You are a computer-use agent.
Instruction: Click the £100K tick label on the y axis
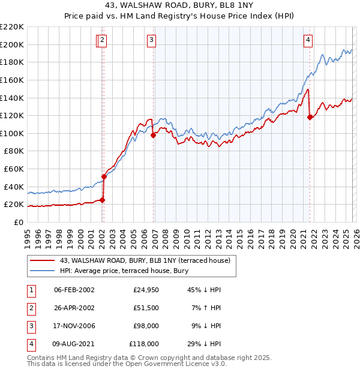(x=13, y=133)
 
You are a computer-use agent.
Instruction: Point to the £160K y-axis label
(x=13, y=80)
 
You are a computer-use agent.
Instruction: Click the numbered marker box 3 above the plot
(x=152, y=40)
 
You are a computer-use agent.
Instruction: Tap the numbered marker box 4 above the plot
(x=308, y=40)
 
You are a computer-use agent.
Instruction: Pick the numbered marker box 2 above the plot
(x=103, y=40)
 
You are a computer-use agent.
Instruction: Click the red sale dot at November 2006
(x=153, y=135)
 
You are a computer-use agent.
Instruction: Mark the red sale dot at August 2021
(x=310, y=117)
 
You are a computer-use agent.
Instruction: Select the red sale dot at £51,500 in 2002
(x=104, y=176)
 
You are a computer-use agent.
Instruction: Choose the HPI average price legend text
(x=124, y=271)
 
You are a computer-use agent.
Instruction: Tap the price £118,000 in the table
(x=143, y=344)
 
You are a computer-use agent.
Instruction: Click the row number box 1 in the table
(x=30, y=290)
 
